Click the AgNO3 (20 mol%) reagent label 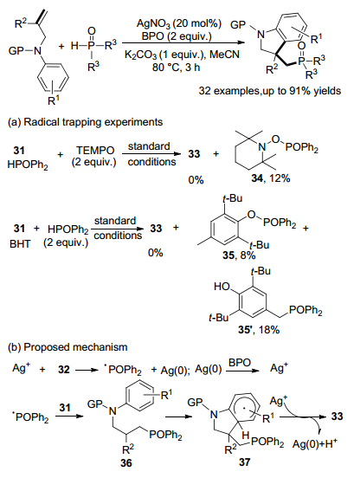pos(179,23)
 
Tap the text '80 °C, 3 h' pos(177,67)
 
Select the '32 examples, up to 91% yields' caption pos(270,91)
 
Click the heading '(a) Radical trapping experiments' pos(86,122)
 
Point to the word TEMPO pos(95,150)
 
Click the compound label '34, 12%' pos(271,178)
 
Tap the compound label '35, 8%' pos(239,255)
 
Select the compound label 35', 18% pos(259,330)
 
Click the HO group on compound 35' pos(222,287)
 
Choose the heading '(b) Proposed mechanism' pos(67,347)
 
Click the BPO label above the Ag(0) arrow pos(240,363)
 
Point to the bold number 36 pos(126,463)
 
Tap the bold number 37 pos(244,462)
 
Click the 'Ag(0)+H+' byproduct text pos(315,444)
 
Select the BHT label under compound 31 pos(20,244)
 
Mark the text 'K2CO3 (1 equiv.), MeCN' pos(182,55)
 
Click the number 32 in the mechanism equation pos(64,370)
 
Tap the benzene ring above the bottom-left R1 pos(53,77)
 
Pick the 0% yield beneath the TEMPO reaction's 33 pos(196,180)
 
